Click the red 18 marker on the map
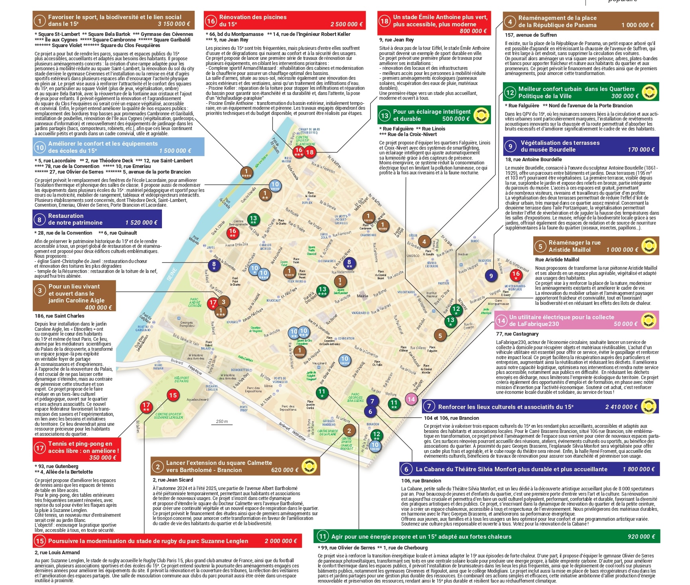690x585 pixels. coord(310,152)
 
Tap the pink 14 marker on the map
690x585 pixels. coord(411,399)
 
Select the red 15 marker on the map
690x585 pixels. coord(173,395)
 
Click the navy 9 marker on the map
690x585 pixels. coord(491,275)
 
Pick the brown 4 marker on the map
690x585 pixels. coord(424,241)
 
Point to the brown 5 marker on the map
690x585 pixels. coord(440,336)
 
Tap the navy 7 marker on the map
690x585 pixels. coord(372,401)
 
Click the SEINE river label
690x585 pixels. coord(172,275)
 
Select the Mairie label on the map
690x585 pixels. coord(363,296)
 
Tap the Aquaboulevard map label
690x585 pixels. coord(197,399)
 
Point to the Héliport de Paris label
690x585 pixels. coord(182,379)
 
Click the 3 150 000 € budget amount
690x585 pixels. coord(174,24)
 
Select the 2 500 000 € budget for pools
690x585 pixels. coord(346,24)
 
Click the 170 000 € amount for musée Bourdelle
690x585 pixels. coord(641,150)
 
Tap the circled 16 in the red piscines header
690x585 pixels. coord(211,21)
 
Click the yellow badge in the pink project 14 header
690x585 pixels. coord(649,320)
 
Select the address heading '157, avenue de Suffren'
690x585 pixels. coord(530,35)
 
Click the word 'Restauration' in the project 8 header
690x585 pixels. coord(66,216)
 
